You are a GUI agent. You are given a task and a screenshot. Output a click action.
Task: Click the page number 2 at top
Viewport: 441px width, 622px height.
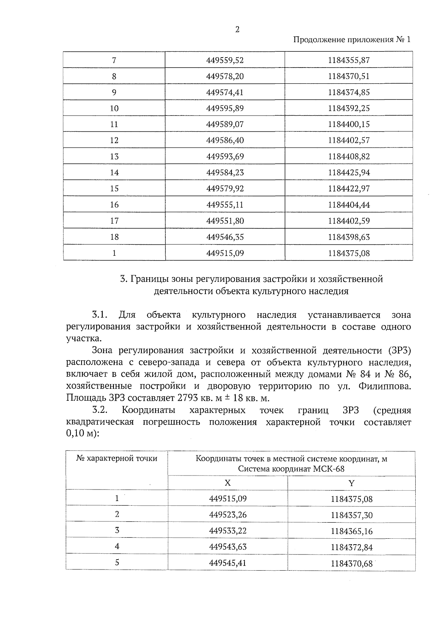tap(237, 30)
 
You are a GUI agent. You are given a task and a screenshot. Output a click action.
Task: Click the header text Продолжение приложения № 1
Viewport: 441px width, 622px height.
tap(352, 39)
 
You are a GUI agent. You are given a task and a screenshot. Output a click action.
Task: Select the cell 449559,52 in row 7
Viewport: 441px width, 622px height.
tap(225, 60)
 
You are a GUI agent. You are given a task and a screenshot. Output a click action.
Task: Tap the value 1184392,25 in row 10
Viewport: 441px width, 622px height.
tap(349, 108)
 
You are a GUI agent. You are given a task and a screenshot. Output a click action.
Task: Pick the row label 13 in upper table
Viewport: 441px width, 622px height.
tap(114, 156)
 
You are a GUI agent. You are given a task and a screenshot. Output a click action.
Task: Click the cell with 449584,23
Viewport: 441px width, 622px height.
tap(225, 172)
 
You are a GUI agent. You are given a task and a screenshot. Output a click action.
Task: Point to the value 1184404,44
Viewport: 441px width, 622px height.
tap(349, 205)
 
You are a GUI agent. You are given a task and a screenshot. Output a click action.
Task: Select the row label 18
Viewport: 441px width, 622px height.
tap(114, 237)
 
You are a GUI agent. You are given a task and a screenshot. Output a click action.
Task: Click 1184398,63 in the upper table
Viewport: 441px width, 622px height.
tap(349, 237)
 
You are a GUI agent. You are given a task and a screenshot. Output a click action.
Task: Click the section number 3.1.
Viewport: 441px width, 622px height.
tap(99, 315)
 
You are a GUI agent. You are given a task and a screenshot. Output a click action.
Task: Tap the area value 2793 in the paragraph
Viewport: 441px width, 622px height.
tap(189, 398)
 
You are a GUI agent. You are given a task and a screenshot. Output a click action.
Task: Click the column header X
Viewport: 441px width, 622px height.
tap(227, 483)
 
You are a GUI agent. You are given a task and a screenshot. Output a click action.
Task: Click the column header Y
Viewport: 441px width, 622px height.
tap(351, 483)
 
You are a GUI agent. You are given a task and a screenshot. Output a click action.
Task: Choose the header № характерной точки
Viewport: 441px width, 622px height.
tap(117, 458)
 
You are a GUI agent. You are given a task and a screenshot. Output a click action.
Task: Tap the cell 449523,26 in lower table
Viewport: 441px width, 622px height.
tap(227, 514)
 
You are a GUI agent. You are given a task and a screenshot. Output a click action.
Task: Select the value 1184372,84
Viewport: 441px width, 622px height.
tap(351, 547)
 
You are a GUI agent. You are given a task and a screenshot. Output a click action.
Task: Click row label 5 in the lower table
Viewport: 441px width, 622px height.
tap(117, 562)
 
